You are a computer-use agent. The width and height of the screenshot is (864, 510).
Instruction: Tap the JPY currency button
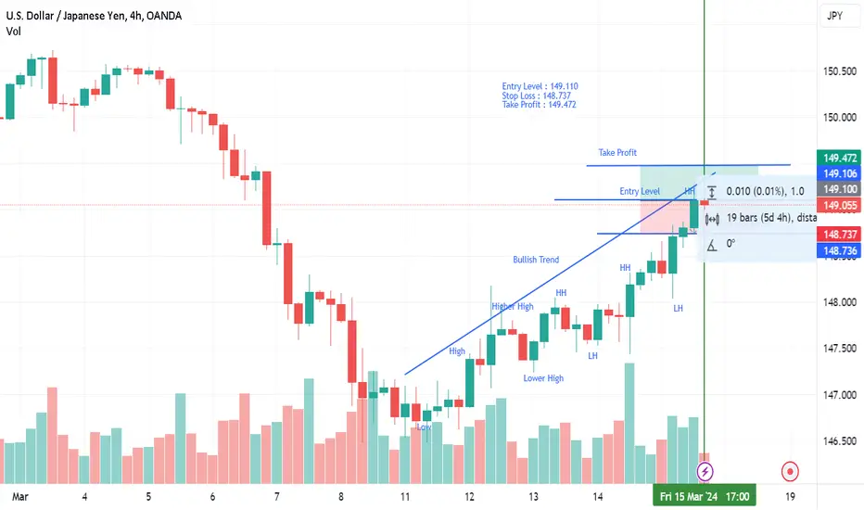tap(833, 16)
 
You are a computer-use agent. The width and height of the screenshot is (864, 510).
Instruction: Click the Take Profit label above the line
tap(617, 152)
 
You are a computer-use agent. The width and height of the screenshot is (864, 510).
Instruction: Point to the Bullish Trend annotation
tap(536, 260)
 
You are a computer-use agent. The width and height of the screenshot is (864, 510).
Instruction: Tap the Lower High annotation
tap(543, 378)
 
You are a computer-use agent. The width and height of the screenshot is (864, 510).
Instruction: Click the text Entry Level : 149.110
tap(540, 86)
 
